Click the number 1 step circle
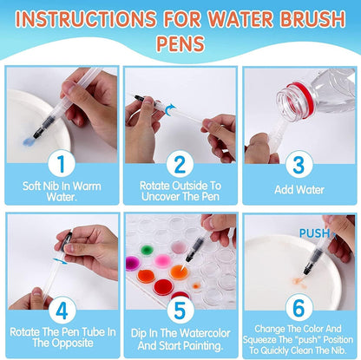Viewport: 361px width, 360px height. coord(60,161)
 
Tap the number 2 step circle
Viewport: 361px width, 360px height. coord(180,161)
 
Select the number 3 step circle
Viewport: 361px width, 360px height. coord(299,161)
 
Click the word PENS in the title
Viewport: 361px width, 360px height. coord(180,41)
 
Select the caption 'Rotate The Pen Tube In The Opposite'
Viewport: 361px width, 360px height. coord(60,337)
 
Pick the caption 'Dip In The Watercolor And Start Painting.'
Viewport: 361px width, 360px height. coord(180,337)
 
